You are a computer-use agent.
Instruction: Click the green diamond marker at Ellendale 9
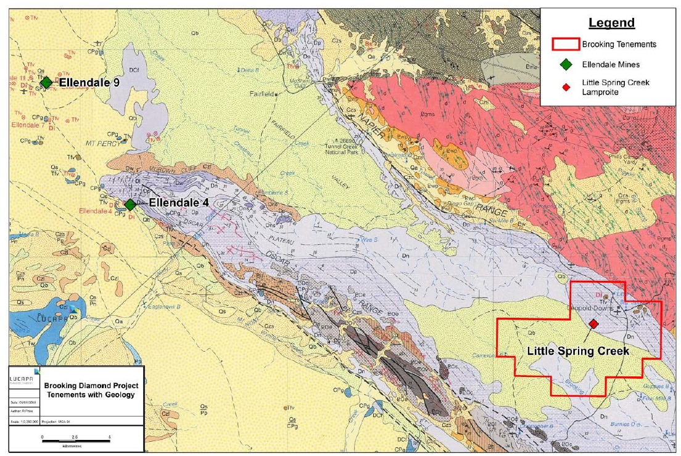click(x=46, y=83)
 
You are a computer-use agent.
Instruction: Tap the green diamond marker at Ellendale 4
click(x=130, y=204)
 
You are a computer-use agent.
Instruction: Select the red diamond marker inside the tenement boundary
click(x=593, y=324)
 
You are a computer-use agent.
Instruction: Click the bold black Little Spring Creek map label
click(x=578, y=351)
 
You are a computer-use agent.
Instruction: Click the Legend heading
click(x=611, y=23)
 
